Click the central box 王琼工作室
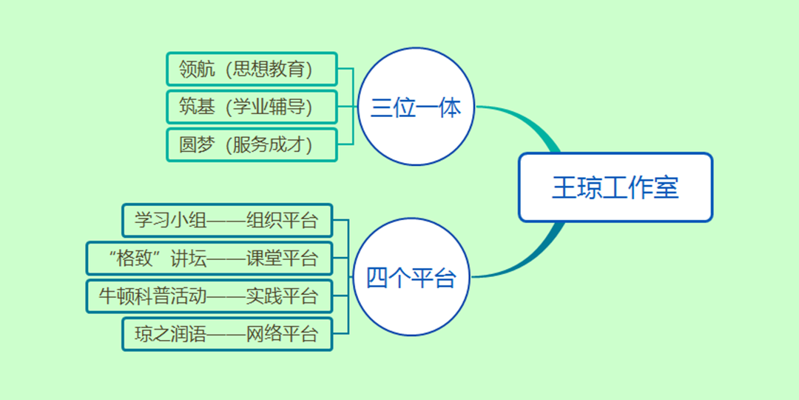615,187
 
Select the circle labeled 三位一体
416,107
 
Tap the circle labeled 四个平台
411,279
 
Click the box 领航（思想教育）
252,70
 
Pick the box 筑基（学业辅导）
252,107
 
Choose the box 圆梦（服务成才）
252,145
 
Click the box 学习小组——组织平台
227,221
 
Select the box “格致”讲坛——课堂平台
209,259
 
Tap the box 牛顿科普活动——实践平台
209,296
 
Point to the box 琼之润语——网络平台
227,334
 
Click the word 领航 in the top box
197,70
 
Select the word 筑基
197,107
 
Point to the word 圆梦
197,145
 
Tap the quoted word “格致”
133,259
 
